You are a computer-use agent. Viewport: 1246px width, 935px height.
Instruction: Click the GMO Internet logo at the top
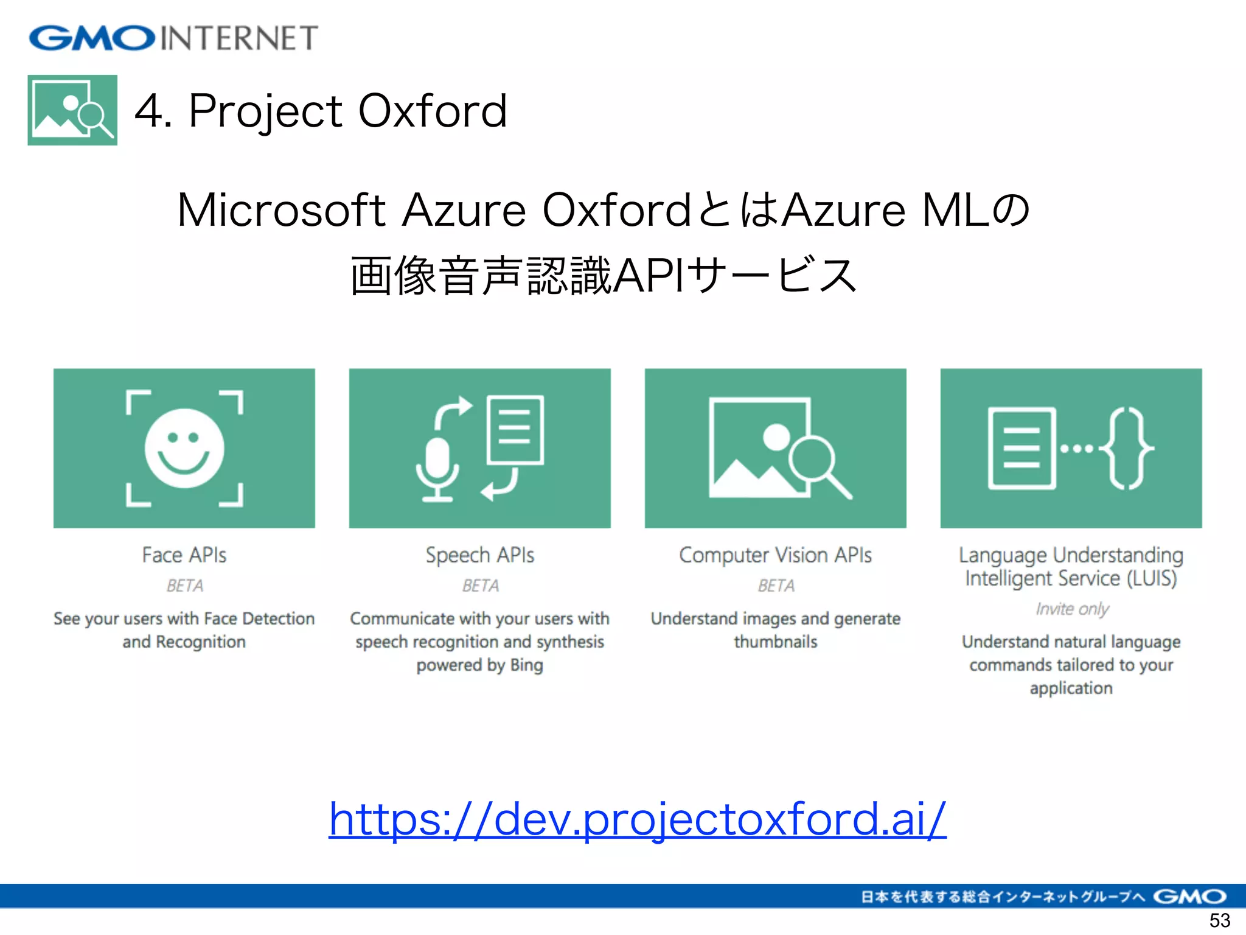[173, 38]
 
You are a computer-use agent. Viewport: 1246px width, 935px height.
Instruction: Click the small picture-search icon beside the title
[72, 110]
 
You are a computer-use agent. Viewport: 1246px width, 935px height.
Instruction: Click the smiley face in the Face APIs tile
[184, 448]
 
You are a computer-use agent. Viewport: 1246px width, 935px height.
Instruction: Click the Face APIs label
[184, 555]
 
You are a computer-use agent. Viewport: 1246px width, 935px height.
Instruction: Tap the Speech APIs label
[479, 555]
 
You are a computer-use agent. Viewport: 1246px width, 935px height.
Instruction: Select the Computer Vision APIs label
[775, 555]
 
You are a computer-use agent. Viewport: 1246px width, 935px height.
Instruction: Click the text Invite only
[1072, 609]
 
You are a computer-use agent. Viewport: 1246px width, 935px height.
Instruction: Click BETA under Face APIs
[184, 586]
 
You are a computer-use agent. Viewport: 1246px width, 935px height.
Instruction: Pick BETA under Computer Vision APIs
[776, 586]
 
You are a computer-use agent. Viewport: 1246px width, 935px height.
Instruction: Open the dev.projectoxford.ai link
[637, 819]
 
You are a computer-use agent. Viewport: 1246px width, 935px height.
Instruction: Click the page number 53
[1219, 920]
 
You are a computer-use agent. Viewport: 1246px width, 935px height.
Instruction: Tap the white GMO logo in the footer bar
[1189, 897]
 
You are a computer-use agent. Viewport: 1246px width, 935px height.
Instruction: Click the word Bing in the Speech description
[526, 665]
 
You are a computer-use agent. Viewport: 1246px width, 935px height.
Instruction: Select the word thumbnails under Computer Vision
[775, 642]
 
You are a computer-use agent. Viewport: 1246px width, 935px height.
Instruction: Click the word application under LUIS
[1071, 688]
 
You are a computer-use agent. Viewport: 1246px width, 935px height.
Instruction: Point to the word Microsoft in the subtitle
[281, 211]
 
